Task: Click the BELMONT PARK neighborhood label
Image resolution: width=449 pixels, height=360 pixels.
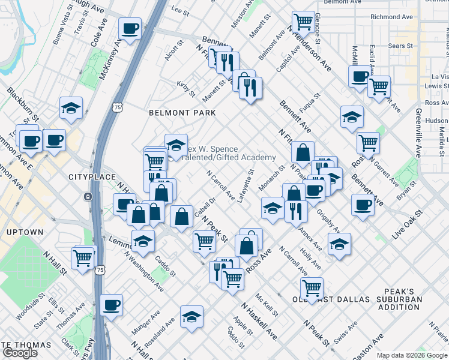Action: point(182,112)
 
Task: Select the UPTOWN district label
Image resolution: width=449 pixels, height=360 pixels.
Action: point(25,232)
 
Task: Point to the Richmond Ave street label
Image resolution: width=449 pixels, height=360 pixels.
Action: point(393,17)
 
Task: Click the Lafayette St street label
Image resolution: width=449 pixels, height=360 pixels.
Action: point(246,185)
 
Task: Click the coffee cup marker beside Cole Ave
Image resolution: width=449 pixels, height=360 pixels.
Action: point(130,28)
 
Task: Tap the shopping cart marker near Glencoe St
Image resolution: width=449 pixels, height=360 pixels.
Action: point(304,21)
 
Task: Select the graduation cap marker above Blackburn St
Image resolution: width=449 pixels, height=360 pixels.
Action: point(71,108)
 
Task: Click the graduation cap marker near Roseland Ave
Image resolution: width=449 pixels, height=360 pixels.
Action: point(191,317)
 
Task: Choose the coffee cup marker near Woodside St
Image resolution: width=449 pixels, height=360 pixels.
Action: point(111,305)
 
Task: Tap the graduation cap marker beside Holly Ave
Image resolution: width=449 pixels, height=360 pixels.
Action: point(339,244)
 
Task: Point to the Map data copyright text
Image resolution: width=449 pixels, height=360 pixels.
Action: point(412,355)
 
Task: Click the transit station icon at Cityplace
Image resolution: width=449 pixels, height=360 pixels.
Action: point(88,197)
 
